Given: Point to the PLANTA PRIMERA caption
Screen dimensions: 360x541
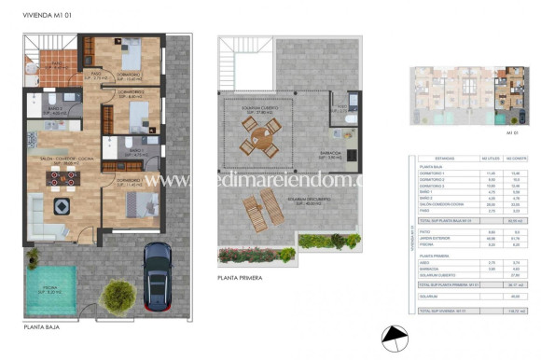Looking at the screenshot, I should coord(239,278).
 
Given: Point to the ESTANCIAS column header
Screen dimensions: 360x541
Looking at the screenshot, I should coord(435,159).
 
